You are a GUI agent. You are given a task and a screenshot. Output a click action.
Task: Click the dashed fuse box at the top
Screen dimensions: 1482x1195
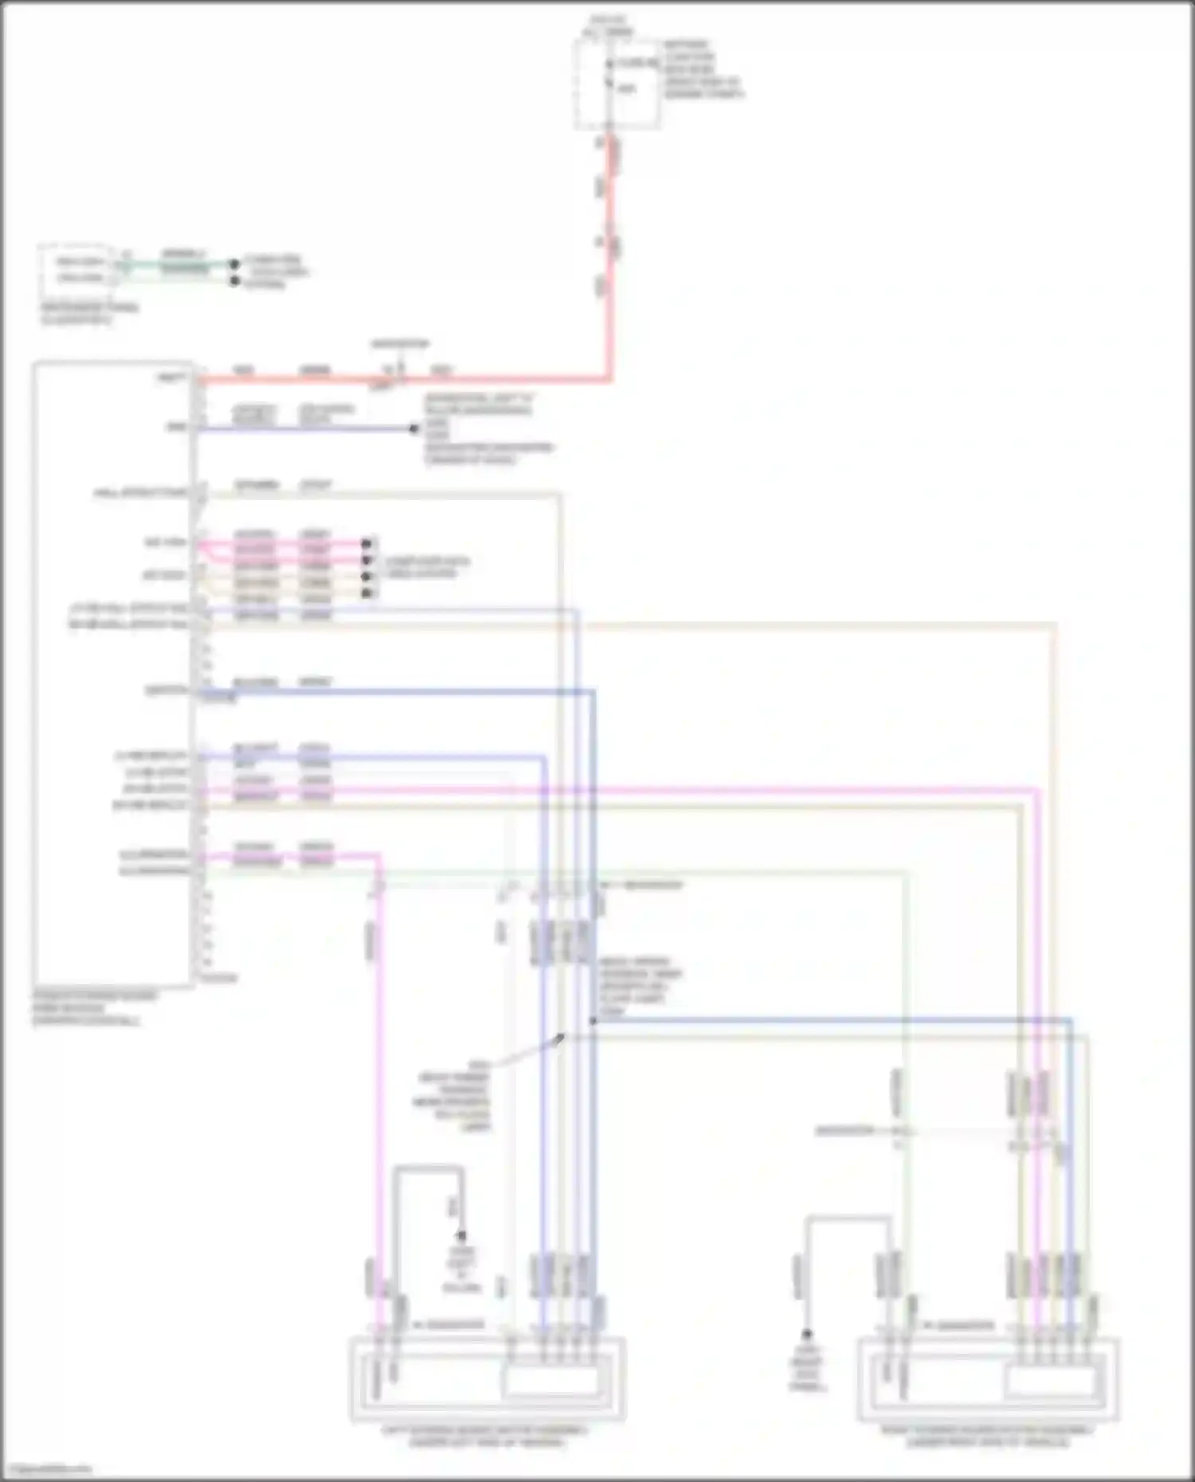tap(617, 84)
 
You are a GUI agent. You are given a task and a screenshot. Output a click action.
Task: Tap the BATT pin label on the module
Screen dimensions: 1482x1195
tap(172, 377)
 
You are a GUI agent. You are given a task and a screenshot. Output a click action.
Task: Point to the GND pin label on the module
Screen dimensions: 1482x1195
tap(176, 428)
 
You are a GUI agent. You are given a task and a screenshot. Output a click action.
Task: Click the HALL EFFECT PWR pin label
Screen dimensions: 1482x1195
tap(140, 494)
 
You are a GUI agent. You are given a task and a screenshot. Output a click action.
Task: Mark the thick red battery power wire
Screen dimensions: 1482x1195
tap(610, 263)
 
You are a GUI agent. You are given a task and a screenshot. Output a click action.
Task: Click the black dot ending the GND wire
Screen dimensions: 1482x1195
tap(413, 429)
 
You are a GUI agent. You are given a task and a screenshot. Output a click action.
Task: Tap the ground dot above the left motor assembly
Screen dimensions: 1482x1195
tap(460, 1237)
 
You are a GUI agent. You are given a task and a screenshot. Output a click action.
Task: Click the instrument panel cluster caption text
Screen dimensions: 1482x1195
tap(88, 314)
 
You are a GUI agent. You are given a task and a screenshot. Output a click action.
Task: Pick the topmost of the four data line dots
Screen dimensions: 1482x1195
tap(366, 544)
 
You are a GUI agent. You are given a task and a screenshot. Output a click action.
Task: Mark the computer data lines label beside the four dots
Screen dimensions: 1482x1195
tap(427, 568)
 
